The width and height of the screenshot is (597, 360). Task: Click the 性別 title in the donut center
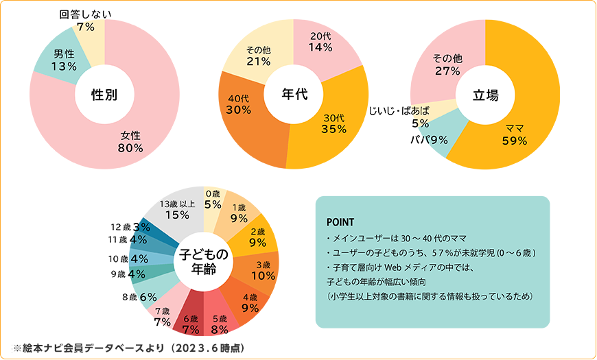(x=104, y=95)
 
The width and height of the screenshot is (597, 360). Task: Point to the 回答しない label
(x=86, y=14)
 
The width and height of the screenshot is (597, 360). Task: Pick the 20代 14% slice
(x=321, y=42)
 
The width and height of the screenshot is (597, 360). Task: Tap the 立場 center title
(x=486, y=95)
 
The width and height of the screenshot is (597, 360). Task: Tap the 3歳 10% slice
(x=263, y=269)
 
